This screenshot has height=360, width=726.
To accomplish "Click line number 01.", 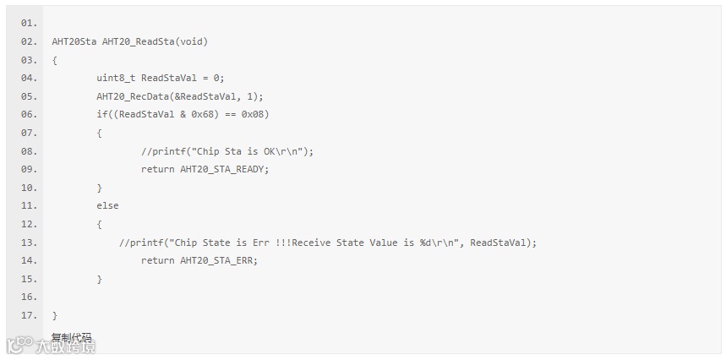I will tap(29, 23).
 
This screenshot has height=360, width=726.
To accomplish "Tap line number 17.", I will tap(29, 315).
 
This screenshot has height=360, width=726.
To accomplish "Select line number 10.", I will tap(29, 188).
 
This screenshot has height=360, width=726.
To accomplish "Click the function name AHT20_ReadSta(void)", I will tap(155, 41).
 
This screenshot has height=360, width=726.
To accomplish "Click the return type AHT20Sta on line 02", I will tap(74, 41).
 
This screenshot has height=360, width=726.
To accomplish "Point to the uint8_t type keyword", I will tap(116, 78).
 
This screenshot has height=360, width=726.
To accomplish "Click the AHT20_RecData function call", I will tap(133, 96).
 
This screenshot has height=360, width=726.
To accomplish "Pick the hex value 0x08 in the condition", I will tap(255, 114).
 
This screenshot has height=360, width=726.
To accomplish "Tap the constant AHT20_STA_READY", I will tap(224, 169).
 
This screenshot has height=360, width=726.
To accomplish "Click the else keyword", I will tap(107, 205).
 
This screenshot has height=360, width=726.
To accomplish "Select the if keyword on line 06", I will tap(101, 114).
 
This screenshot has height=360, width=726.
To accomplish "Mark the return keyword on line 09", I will tap(157, 169).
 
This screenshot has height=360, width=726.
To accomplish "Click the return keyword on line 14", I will tap(157, 260).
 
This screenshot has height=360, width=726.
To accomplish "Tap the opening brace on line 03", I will tap(55, 60).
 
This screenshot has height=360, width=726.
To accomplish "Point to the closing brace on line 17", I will tap(55, 315).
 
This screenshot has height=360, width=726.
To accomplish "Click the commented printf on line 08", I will tap(227, 151).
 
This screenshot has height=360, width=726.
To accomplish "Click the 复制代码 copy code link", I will tap(71, 338).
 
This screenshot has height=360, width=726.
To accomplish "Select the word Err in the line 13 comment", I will tap(261, 243).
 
